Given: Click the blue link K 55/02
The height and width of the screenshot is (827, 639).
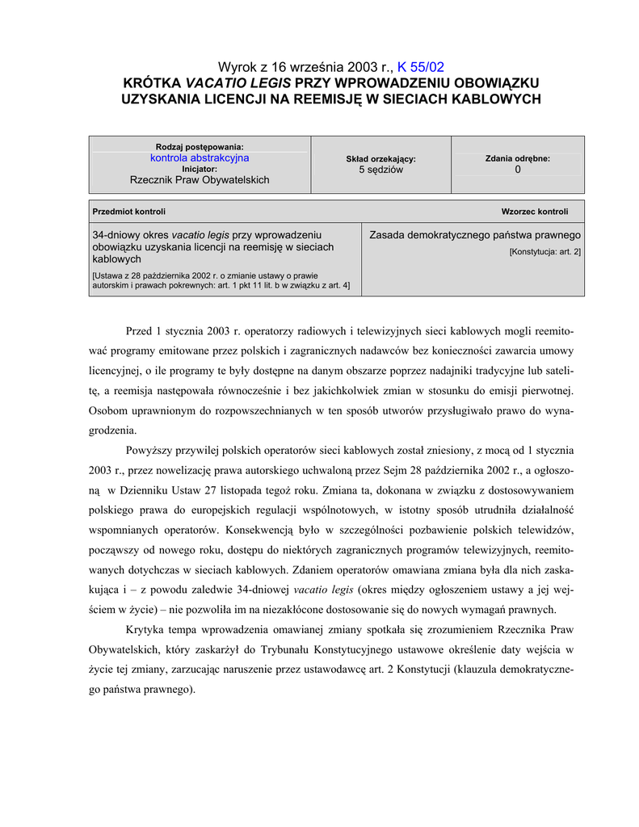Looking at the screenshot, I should tap(420, 67).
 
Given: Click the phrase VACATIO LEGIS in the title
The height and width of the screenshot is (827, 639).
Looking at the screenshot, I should tap(239, 82).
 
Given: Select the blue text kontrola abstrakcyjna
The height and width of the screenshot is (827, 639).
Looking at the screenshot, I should tap(200, 158).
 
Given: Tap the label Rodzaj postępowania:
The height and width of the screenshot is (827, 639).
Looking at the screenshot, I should tap(200, 147).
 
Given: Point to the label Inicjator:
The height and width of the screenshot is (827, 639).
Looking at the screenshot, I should tap(200, 169).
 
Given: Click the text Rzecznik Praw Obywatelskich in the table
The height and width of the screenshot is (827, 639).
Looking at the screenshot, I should tap(200, 180).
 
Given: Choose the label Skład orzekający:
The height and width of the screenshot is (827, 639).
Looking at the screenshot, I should tap(380, 159).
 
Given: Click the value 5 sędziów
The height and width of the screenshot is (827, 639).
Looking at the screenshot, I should tap(380, 170).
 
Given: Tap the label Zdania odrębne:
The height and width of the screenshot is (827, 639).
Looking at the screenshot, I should tap(518, 159).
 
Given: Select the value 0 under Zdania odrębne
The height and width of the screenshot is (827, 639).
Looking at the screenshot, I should tap(518, 170).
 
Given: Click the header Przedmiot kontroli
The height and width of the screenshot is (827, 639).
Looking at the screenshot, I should tap(129, 212).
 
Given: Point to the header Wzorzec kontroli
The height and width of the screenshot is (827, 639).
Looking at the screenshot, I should tap(535, 212).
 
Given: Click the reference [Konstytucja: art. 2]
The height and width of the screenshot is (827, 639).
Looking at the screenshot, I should tap(544, 252).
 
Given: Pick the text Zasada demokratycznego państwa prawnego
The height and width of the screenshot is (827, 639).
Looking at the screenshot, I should tap(475, 235).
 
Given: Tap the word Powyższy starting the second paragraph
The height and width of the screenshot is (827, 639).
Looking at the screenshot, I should tap(151, 450).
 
